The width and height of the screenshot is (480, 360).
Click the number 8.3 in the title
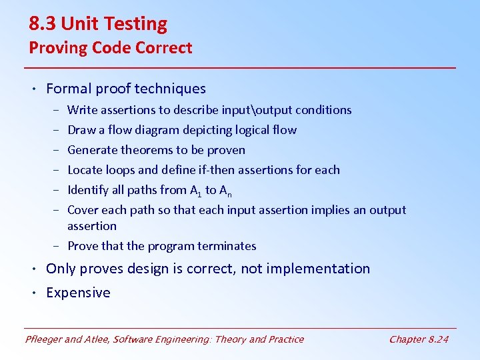click(x=43, y=24)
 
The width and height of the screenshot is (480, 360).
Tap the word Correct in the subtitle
click(x=167, y=48)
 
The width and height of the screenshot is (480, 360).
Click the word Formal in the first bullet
click(x=67, y=89)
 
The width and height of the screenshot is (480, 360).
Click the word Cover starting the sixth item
click(x=82, y=210)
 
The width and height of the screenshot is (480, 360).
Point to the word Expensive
click(x=78, y=293)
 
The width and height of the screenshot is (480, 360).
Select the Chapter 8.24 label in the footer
click(x=419, y=339)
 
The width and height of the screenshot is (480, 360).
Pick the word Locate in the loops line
click(x=85, y=170)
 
